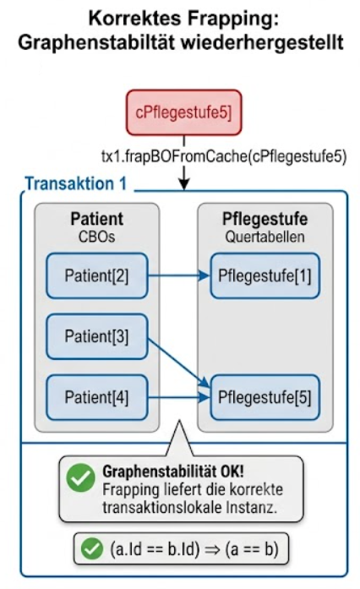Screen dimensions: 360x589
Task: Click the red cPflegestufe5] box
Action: point(183,112)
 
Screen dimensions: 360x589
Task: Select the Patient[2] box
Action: point(97,275)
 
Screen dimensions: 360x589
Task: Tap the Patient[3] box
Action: point(97,336)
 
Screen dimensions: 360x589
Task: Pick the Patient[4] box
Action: point(97,397)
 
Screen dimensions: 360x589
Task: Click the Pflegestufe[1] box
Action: point(265,275)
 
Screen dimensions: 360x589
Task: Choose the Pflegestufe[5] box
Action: point(265,397)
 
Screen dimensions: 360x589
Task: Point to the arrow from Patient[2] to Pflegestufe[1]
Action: point(179,275)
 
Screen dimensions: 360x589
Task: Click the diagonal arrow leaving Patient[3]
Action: point(179,363)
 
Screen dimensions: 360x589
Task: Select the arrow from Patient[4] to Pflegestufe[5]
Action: point(179,397)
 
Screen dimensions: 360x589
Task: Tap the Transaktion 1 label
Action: point(76,183)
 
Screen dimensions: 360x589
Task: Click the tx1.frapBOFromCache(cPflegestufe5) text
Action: point(224,155)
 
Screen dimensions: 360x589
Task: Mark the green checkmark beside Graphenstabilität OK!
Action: point(80,477)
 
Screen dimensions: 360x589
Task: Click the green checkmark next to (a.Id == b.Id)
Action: point(92,548)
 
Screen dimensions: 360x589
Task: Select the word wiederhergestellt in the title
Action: point(262,42)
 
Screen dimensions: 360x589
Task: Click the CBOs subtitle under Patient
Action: point(97,237)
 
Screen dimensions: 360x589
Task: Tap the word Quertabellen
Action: point(265,237)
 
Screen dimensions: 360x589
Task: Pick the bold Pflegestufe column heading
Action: point(265,219)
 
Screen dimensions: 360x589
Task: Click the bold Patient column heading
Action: point(97,219)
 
